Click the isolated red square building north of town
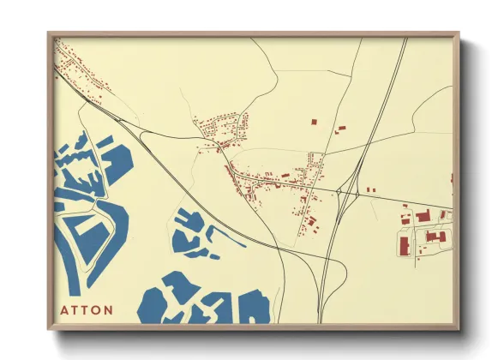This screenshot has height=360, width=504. (x=312, y=124)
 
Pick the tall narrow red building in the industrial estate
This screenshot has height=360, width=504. (x=403, y=246)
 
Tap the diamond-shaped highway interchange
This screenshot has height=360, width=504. (x=347, y=192)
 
